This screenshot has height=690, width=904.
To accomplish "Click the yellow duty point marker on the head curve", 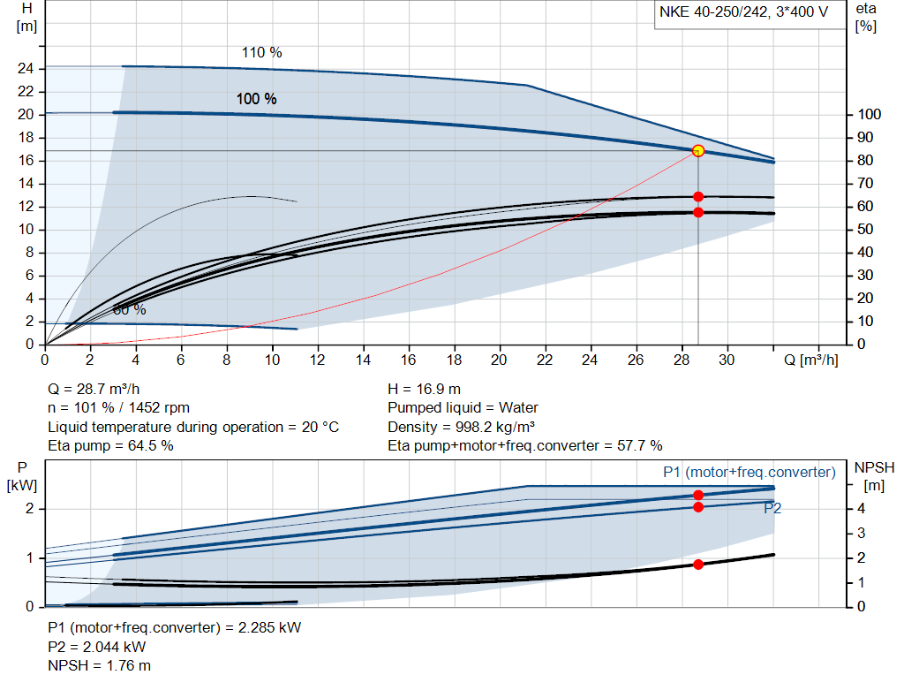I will [x=698, y=151].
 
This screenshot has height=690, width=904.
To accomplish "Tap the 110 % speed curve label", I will [x=261, y=53].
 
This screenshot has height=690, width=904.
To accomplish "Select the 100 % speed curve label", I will [x=256, y=99].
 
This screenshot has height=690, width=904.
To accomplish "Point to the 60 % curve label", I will [x=129, y=310].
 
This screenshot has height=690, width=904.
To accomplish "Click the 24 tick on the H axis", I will [x=26, y=68].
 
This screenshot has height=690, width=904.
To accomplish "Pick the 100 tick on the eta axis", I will [x=870, y=115].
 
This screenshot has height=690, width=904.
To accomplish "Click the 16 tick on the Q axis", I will [x=408, y=360].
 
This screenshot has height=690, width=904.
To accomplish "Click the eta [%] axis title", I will [x=866, y=17].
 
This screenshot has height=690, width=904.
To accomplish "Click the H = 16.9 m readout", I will [x=424, y=389].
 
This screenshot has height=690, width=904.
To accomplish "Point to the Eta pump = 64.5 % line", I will [x=110, y=445].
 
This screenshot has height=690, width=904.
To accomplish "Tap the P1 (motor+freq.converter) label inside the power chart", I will [x=749, y=473].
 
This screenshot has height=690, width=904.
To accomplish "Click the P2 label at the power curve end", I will [x=772, y=508].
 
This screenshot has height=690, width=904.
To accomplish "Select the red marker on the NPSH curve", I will [x=698, y=564].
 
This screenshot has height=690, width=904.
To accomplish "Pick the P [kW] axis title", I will [x=24, y=476].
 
